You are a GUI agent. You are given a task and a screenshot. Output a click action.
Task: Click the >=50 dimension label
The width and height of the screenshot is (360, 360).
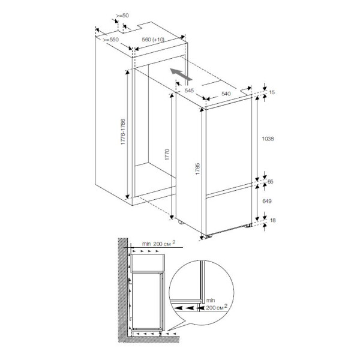pyautogui.click(x=122, y=16)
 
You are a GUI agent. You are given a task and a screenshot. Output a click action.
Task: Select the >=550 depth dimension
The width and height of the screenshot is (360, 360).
pyautogui.click(x=110, y=40)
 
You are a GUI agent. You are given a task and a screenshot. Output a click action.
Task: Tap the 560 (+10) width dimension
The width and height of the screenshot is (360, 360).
pyautogui.click(x=153, y=40)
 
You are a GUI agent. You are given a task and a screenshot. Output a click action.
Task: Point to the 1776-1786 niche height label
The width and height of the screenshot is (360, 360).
pyautogui.click(x=123, y=132)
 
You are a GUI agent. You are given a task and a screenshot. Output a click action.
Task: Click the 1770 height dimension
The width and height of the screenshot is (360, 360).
pyautogui.click(x=167, y=155)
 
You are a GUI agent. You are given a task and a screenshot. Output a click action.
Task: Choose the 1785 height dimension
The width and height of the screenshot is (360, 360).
pyautogui.click(x=197, y=169)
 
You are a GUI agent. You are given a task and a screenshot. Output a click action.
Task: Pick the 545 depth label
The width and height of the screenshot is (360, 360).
pyautogui.click(x=189, y=91)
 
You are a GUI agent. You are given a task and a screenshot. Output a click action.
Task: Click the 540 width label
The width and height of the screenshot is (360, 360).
pyautogui.click(x=226, y=94)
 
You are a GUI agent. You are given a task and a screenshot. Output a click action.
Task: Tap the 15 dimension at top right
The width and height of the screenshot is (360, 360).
pyautogui.click(x=272, y=92)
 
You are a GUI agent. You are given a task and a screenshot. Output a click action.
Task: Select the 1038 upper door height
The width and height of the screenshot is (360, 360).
pyautogui.click(x=268, y=139)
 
